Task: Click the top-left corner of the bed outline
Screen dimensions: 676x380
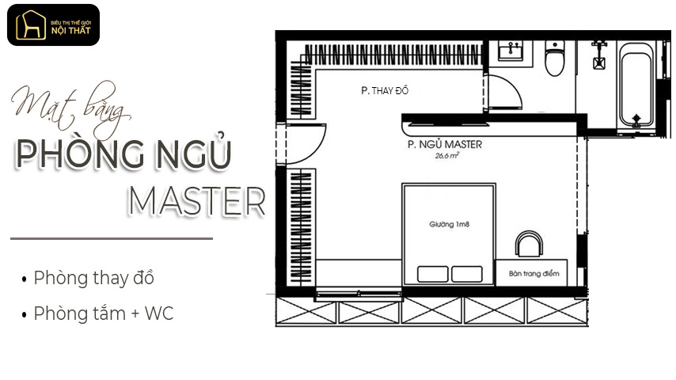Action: [403, 184]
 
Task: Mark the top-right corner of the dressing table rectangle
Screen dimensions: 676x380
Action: [567, 260]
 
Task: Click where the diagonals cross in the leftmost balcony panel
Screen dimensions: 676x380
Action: [306, 311]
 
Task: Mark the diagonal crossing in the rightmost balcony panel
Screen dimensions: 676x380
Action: [557, 310]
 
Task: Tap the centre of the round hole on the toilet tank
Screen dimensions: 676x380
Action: [554, 45]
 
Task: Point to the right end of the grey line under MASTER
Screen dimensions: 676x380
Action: [213, 238]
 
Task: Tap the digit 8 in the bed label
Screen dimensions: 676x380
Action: [467, 224]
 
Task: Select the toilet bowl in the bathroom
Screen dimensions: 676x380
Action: [554, 59]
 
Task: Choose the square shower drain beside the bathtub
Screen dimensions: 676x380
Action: [599, 63]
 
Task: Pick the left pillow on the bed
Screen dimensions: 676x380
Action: [432, 274]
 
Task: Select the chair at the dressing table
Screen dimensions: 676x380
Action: [529, 244]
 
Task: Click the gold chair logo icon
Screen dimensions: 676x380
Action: [31, 25]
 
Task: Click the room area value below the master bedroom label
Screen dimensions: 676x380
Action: [446, 156]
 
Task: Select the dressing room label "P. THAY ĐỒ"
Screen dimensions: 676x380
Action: [385, 90]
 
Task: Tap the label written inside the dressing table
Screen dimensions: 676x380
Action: [534, 273]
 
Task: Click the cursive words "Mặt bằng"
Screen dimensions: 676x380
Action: [71, 108]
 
